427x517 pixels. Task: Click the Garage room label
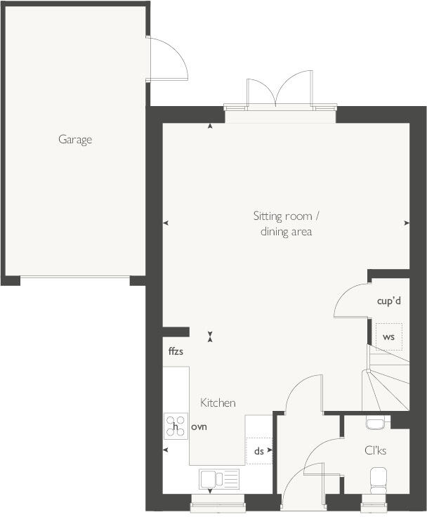tap(75, 139)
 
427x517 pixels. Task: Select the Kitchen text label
tap(218, 403)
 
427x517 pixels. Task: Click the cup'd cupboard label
tap(388, 301)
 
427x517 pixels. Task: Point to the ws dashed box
tap(388, 336)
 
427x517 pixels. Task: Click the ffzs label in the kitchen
tap(176, 351)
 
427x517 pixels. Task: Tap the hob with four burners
tap(176, 426)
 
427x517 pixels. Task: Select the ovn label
tap(199, 426)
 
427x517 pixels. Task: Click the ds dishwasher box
tap(259, 451)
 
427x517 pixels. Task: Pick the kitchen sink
tap(219, 479)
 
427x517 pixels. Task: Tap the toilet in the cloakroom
tap(376, 482)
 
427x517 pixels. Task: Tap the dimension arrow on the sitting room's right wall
tap(407, 223)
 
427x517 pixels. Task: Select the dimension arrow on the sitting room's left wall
tap(166, 223)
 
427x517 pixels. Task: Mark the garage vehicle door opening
tap(75, 279)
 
